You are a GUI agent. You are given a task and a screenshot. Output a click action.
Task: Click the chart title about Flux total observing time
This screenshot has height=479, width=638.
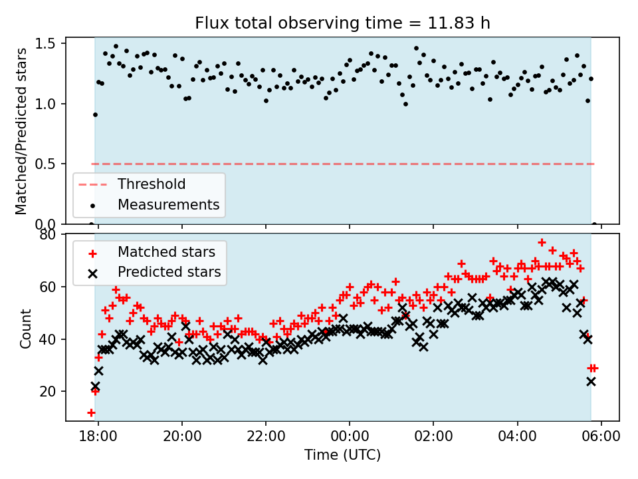(342, 23)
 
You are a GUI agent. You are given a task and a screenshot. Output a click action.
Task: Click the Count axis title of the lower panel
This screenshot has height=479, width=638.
(26, 328)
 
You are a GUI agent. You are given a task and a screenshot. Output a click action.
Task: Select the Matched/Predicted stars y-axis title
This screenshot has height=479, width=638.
(22, 131)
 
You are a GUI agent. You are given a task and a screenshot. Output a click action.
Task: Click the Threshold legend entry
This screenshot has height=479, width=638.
(152, 184)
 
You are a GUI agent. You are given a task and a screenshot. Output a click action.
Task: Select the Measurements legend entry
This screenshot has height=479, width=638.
(168, 204)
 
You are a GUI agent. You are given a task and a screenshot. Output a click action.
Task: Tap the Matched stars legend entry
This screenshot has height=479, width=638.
(166, 252)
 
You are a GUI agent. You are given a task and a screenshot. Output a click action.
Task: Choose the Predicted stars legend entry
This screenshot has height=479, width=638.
(169, 272)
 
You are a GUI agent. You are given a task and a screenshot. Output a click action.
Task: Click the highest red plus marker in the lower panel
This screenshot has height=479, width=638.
(542, 242)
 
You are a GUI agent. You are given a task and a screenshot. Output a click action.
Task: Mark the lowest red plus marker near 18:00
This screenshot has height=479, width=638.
(91, 412)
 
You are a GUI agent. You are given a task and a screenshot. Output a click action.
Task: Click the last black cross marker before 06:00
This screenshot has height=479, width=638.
(591, 381)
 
